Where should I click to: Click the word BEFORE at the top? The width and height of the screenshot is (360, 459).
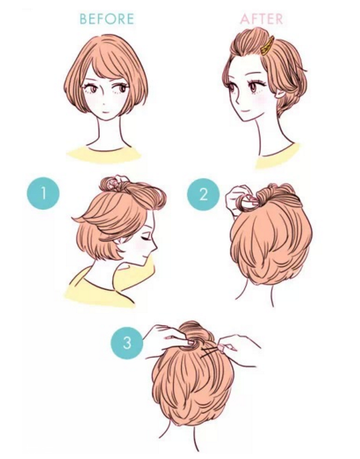pos(107,19)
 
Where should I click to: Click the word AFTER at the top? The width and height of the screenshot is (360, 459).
pos(261,19)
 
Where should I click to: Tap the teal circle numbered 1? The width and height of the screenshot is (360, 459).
pos(44,193)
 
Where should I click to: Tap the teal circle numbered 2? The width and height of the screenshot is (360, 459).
pos(203,194)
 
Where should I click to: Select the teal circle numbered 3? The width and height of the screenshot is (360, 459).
pos(127,342)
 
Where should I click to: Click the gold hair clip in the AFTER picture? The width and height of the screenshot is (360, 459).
pos(267,46)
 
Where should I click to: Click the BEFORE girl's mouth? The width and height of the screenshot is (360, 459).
pos(105,112)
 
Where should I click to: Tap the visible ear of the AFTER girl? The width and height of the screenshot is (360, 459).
pos(280,94)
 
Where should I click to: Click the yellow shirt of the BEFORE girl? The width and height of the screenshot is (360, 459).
pos(104,154)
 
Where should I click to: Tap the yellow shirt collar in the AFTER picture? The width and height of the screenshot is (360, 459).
pos(277,156)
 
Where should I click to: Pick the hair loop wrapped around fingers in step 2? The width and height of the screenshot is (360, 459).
pos(248,203)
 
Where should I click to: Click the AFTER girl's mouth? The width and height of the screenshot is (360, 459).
pos(244,112)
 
